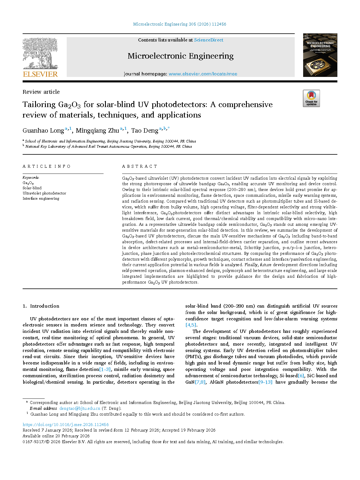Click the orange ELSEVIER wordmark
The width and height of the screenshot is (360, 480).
[x=40, y=74]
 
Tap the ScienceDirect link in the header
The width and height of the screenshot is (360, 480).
[x=209, y=40]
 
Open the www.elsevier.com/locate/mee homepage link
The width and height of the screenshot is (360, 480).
[x=203, y=74]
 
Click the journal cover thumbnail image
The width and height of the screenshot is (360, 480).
[x=320, y=55]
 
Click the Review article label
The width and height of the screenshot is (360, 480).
[x=41, y=92]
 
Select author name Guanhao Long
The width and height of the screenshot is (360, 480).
[x=43, y=131]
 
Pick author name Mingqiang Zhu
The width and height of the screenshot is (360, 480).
[x=97, y=131]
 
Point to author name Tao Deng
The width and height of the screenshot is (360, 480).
[x=145, y=131]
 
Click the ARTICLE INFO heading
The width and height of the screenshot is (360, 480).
[x=46, y=166]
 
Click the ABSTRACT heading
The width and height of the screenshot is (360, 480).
[x=140, y=166]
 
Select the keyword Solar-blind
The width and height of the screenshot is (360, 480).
[x=32, y=188]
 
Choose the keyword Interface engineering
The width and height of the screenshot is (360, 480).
[x=41, y=199]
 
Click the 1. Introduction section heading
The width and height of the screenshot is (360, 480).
[x=41, y=306]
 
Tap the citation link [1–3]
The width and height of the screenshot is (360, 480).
[x=105, y=369]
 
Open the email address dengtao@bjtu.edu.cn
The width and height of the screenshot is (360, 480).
[x=80, y=408]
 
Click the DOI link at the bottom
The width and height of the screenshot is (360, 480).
[x=66, y=425]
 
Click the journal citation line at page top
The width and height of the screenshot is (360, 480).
[x=180, y=24]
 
